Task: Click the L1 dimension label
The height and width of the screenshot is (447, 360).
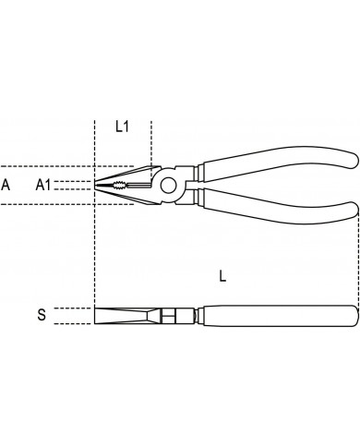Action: click(122, 127)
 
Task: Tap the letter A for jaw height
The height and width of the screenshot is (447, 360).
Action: click(6, 185)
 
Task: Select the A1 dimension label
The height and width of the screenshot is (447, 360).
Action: click(42, 185)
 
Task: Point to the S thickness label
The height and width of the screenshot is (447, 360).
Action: click(42, 315)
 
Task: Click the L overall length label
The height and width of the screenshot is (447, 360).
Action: click(222, 275)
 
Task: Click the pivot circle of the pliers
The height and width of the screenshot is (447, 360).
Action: click(168, 185)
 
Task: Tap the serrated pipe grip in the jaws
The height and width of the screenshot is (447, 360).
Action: click(118, 185)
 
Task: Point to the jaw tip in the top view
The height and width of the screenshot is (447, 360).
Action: click(95, 185)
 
